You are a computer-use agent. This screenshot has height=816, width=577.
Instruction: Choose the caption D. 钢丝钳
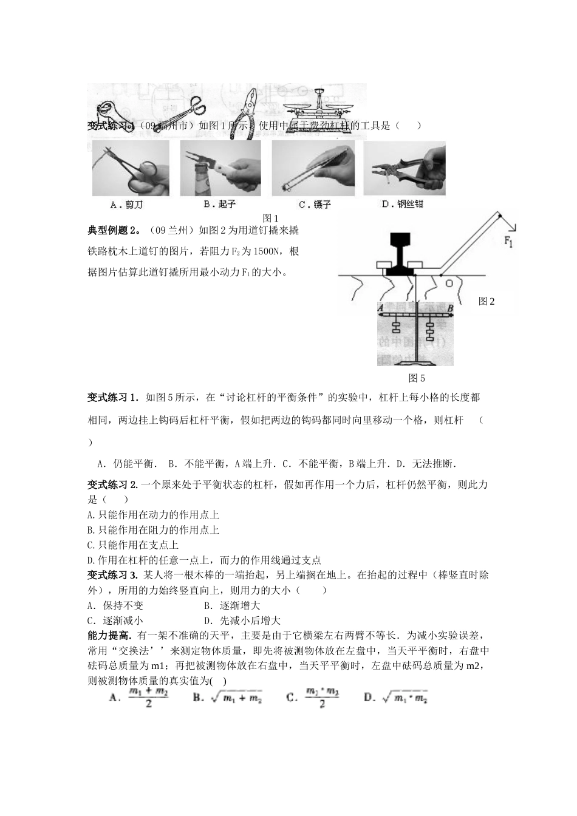click(403, 205)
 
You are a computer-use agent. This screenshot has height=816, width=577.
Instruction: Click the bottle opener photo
click(220, 169)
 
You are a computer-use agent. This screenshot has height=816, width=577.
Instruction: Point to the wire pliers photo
click(404, 168)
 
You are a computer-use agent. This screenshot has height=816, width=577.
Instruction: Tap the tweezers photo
click(313, 169)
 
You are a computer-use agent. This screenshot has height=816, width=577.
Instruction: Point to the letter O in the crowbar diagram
click(449, 284)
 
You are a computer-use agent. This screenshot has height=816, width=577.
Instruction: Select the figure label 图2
click(487, 301)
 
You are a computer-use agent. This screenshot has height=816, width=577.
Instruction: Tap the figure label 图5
click(416, 378)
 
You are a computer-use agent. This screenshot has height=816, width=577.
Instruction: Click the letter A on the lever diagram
click(380, 308)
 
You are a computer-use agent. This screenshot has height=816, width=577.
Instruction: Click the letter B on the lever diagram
click(450, 308)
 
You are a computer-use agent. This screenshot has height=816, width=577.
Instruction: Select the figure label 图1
click(270, 219)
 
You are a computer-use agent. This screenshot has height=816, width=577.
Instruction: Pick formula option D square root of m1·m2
click(396, 698)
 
